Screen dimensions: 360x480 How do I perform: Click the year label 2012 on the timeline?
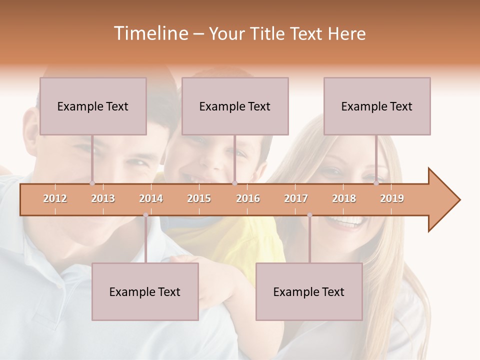click(x=55, y=198)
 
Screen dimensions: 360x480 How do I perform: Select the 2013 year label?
click(x=103, y=198)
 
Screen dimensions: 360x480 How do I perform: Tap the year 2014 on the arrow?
click(x=151, y=198)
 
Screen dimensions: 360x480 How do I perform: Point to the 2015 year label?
click(x=199, y=198)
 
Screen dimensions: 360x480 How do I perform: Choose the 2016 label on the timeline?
click(x=248, y=198)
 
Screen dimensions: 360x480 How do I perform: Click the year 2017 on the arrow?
click(x=296, y=198)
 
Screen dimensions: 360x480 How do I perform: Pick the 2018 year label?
click(x=344, y=198)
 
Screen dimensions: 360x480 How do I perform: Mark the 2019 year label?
click(x=392, y=198)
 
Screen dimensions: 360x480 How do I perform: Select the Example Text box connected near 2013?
click(x=93, y=106)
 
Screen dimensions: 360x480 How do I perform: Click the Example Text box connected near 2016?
click(x=235, y=106)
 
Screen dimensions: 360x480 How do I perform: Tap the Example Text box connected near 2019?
click(x=377, y=106)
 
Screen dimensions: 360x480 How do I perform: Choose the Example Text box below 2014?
click(x=145, y=291)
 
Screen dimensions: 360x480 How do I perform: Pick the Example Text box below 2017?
click(x=309, y=291)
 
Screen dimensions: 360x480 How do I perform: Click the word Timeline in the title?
click(x=150, y=33)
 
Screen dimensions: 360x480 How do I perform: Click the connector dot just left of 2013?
click(x=92, y=183)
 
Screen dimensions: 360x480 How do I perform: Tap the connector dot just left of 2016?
click(x=234, y=183)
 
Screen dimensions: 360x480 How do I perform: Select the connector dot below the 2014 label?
click(x=145, y=215)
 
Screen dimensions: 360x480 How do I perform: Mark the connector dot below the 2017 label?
click(x=309, y=215)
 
